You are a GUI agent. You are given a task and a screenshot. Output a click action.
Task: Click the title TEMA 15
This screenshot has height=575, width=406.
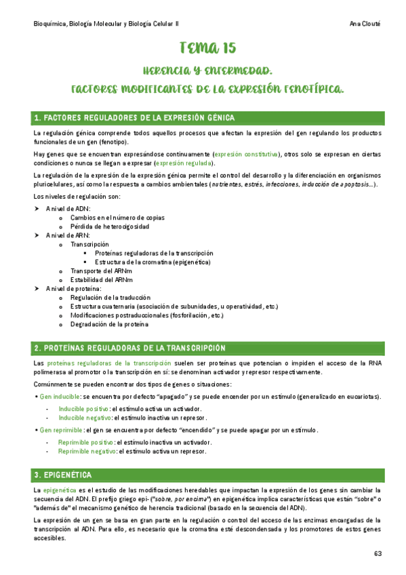pos(208,47)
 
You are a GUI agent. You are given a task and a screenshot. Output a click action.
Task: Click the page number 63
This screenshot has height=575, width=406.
pos(378,553)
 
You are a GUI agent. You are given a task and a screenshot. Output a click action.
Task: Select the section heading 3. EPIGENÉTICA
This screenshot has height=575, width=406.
pos(63,473)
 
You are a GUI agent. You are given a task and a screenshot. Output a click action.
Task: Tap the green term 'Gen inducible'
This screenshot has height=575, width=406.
pos(59,396)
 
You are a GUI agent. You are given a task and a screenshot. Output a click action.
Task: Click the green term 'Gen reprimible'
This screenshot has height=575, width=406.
pos(61,430)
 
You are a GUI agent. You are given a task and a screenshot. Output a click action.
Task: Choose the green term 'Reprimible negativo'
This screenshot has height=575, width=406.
pos(87,451)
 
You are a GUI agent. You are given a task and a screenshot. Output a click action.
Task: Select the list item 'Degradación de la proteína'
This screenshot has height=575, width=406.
pos(108,324)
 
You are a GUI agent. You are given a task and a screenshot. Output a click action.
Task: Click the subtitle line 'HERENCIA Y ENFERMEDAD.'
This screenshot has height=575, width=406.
pos(208,71)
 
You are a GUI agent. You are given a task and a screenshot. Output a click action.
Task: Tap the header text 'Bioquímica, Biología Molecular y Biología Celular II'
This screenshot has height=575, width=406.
pos(106,22)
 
